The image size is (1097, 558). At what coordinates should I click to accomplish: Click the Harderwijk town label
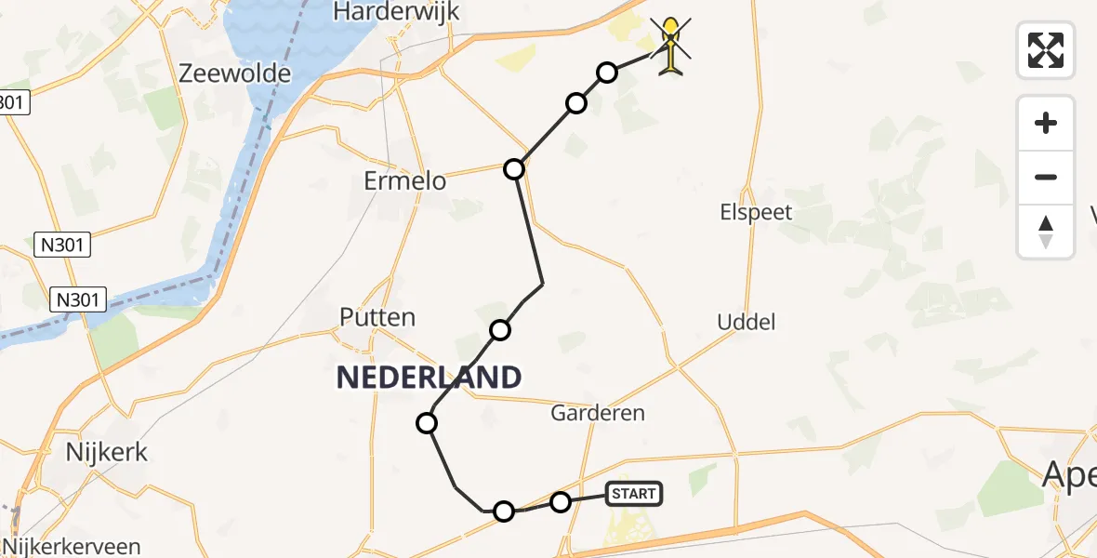[x=396, y=11]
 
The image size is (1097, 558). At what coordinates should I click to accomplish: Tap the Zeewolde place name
[x=236, y=73]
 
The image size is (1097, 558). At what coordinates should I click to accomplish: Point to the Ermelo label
[x=405, y=180]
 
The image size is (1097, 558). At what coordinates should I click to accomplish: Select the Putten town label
[x=377, y=317]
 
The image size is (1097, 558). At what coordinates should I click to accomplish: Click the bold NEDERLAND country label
[x=429, y=377]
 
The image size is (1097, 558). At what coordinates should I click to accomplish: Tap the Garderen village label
[x=598, y=413]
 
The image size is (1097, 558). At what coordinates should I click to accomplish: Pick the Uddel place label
[x=746, y=323]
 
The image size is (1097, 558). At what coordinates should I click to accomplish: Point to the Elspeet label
[x=756, y=212]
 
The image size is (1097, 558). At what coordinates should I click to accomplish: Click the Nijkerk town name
[x=106, y=453]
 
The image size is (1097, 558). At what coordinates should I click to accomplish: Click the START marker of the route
[x=634, y=494]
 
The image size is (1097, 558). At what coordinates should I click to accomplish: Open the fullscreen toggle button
[x=1046, y=49]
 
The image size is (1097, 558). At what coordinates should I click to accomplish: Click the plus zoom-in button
[x=1046, y=123]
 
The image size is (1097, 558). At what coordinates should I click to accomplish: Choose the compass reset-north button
[x=1046, y=232]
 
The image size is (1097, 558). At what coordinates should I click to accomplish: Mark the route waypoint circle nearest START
[x=561, y=502]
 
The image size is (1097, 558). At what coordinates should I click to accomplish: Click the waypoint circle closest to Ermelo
[x=514, y=169]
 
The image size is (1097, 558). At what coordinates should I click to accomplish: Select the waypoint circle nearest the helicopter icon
[x=607, y=73]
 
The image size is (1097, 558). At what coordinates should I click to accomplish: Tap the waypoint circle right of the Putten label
[x=500, y=329]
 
